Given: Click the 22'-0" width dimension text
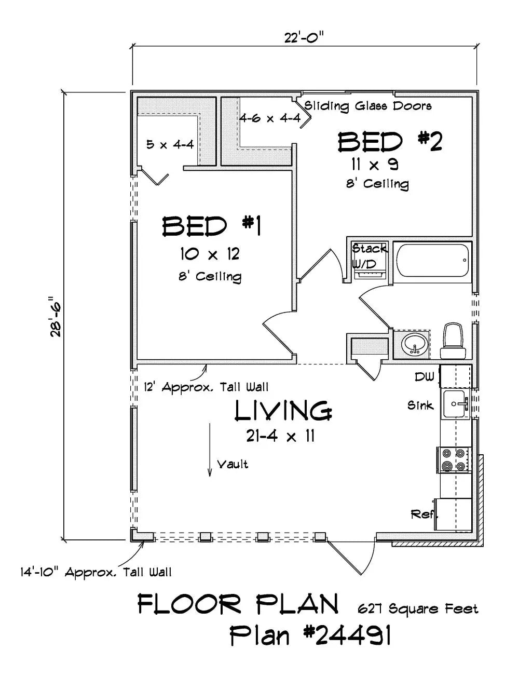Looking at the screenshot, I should [x=304, y=37].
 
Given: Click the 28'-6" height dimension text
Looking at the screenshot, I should [x=56, y=317].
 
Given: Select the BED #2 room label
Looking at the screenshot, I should [x=390, y=142].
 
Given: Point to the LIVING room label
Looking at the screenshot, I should [x=283, y=411].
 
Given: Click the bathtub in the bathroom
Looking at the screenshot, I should [x=432, y=261].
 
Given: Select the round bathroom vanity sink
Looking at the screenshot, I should [x=414, y=343].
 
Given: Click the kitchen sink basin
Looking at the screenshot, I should [x=455, y=404].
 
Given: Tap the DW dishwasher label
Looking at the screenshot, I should [x=424, y=377].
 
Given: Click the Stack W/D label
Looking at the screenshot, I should [x=369, y=256].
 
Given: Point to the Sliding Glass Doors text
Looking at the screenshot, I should [x=367, y=106].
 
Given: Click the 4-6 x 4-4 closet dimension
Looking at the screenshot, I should [x=269, y=118].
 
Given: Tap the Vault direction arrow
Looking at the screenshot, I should [x=210, y=450].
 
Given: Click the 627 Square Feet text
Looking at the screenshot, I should [x=417, y=608].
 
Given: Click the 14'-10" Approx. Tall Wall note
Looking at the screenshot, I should [x=96, y=572].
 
